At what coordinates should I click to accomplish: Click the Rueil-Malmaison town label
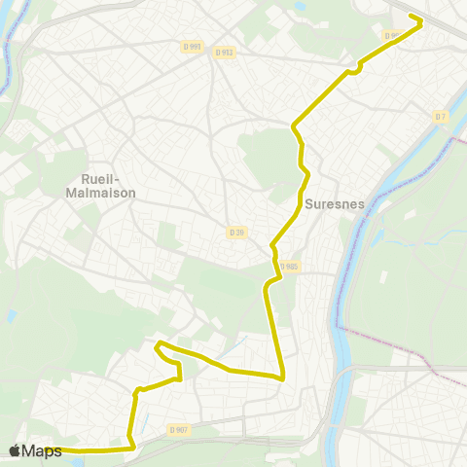[x=106, y=185]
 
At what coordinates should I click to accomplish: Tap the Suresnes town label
[x=334, y=204]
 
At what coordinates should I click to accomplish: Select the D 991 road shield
[x=191, y=46]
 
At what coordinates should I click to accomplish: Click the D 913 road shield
[x=224, y=53]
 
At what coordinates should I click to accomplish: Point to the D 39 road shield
[x=236, y=232]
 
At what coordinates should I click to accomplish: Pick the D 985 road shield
[x=289, y=267]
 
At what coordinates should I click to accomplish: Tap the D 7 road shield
[x=441, y=117]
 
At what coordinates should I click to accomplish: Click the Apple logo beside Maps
[x=15, y=450]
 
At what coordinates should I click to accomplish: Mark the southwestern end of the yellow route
[x=46, y=449]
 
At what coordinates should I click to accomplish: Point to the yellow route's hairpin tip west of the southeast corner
[x=158, y=344]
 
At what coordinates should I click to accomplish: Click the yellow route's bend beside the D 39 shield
[x=273, y=245]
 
